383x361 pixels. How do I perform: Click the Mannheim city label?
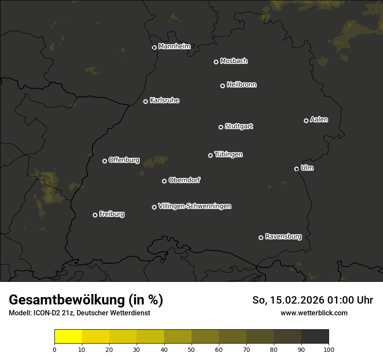174,47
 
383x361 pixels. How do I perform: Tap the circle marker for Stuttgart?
221,127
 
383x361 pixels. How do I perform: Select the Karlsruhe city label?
164,100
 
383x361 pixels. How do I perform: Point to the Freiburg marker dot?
95,215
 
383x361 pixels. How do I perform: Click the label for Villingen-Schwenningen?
195,206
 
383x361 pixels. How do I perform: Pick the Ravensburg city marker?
261,237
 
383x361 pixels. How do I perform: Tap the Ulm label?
307,168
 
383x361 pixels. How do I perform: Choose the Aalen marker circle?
306,120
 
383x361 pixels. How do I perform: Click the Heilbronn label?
242,85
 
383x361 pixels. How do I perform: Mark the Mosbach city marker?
215,62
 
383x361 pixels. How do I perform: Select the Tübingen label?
228,154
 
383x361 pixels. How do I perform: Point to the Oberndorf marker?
164,181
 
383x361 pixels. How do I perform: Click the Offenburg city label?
124,160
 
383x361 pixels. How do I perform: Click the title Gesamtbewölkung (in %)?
86,300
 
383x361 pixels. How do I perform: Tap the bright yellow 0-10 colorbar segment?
68,337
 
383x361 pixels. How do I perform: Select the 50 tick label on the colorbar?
191,349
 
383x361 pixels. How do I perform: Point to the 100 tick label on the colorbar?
329,349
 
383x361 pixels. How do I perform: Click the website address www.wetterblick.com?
314,313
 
